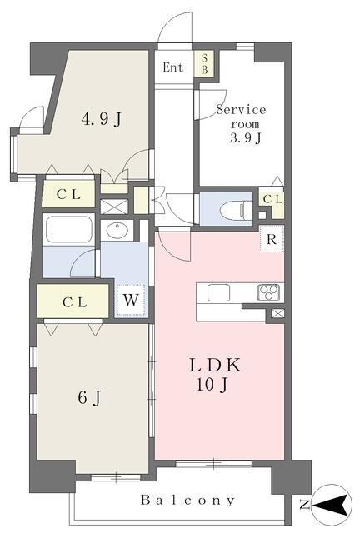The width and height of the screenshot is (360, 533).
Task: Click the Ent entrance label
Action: point(172,67)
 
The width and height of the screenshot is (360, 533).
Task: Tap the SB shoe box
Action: point(204,63)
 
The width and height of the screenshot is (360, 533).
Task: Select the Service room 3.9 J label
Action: point(241,124)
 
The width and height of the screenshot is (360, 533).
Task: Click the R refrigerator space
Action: point(272,239)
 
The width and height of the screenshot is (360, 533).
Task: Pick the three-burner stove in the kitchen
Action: point(269,292)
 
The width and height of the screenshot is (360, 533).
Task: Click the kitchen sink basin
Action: point(218,292)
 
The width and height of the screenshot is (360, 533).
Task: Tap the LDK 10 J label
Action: point(215,374)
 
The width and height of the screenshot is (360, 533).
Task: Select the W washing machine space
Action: point(131,300)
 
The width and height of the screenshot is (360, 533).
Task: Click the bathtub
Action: point(69,230)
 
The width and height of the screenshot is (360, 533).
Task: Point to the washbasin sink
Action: point(117,230)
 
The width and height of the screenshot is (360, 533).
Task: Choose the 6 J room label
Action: point(89,397)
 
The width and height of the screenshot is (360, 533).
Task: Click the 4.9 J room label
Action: point(102,119)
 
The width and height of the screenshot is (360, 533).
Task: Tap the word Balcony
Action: point(188,500)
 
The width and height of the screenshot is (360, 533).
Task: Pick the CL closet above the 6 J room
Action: point(72,301)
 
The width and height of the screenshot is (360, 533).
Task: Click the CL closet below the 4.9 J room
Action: point(68,194)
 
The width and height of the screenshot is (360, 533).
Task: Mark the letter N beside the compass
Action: point(305,505)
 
